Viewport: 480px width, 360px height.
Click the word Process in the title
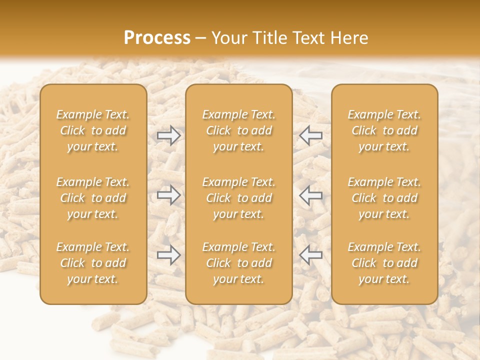(x=157, y=38)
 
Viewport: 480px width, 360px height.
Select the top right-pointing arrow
(x=169, y=135)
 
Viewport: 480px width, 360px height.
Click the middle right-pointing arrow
(x=169, y=195)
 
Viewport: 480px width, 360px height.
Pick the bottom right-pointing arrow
(x=169, y=255)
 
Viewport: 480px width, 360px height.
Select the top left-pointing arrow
(x=311, y=135)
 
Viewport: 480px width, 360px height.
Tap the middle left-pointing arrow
(x=311, y=195)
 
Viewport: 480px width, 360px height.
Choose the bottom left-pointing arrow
(x=311, y=255)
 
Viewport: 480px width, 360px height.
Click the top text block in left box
(x=93, y=130)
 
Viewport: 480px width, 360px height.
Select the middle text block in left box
(x=93, y=198)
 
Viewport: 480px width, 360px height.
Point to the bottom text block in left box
(x=93, y=263)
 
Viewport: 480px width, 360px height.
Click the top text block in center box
(x=239, y=130)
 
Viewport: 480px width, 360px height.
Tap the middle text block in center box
(x=239, y=198)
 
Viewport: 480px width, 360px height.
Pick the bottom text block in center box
(x=239, y=263)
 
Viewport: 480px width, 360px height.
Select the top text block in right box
(x=384, y=130)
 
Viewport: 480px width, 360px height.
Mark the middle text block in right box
(x=384, y=198)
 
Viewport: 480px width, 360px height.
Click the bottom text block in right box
(x=384, y=263)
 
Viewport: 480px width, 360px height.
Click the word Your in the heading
(x=228, y=38)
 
